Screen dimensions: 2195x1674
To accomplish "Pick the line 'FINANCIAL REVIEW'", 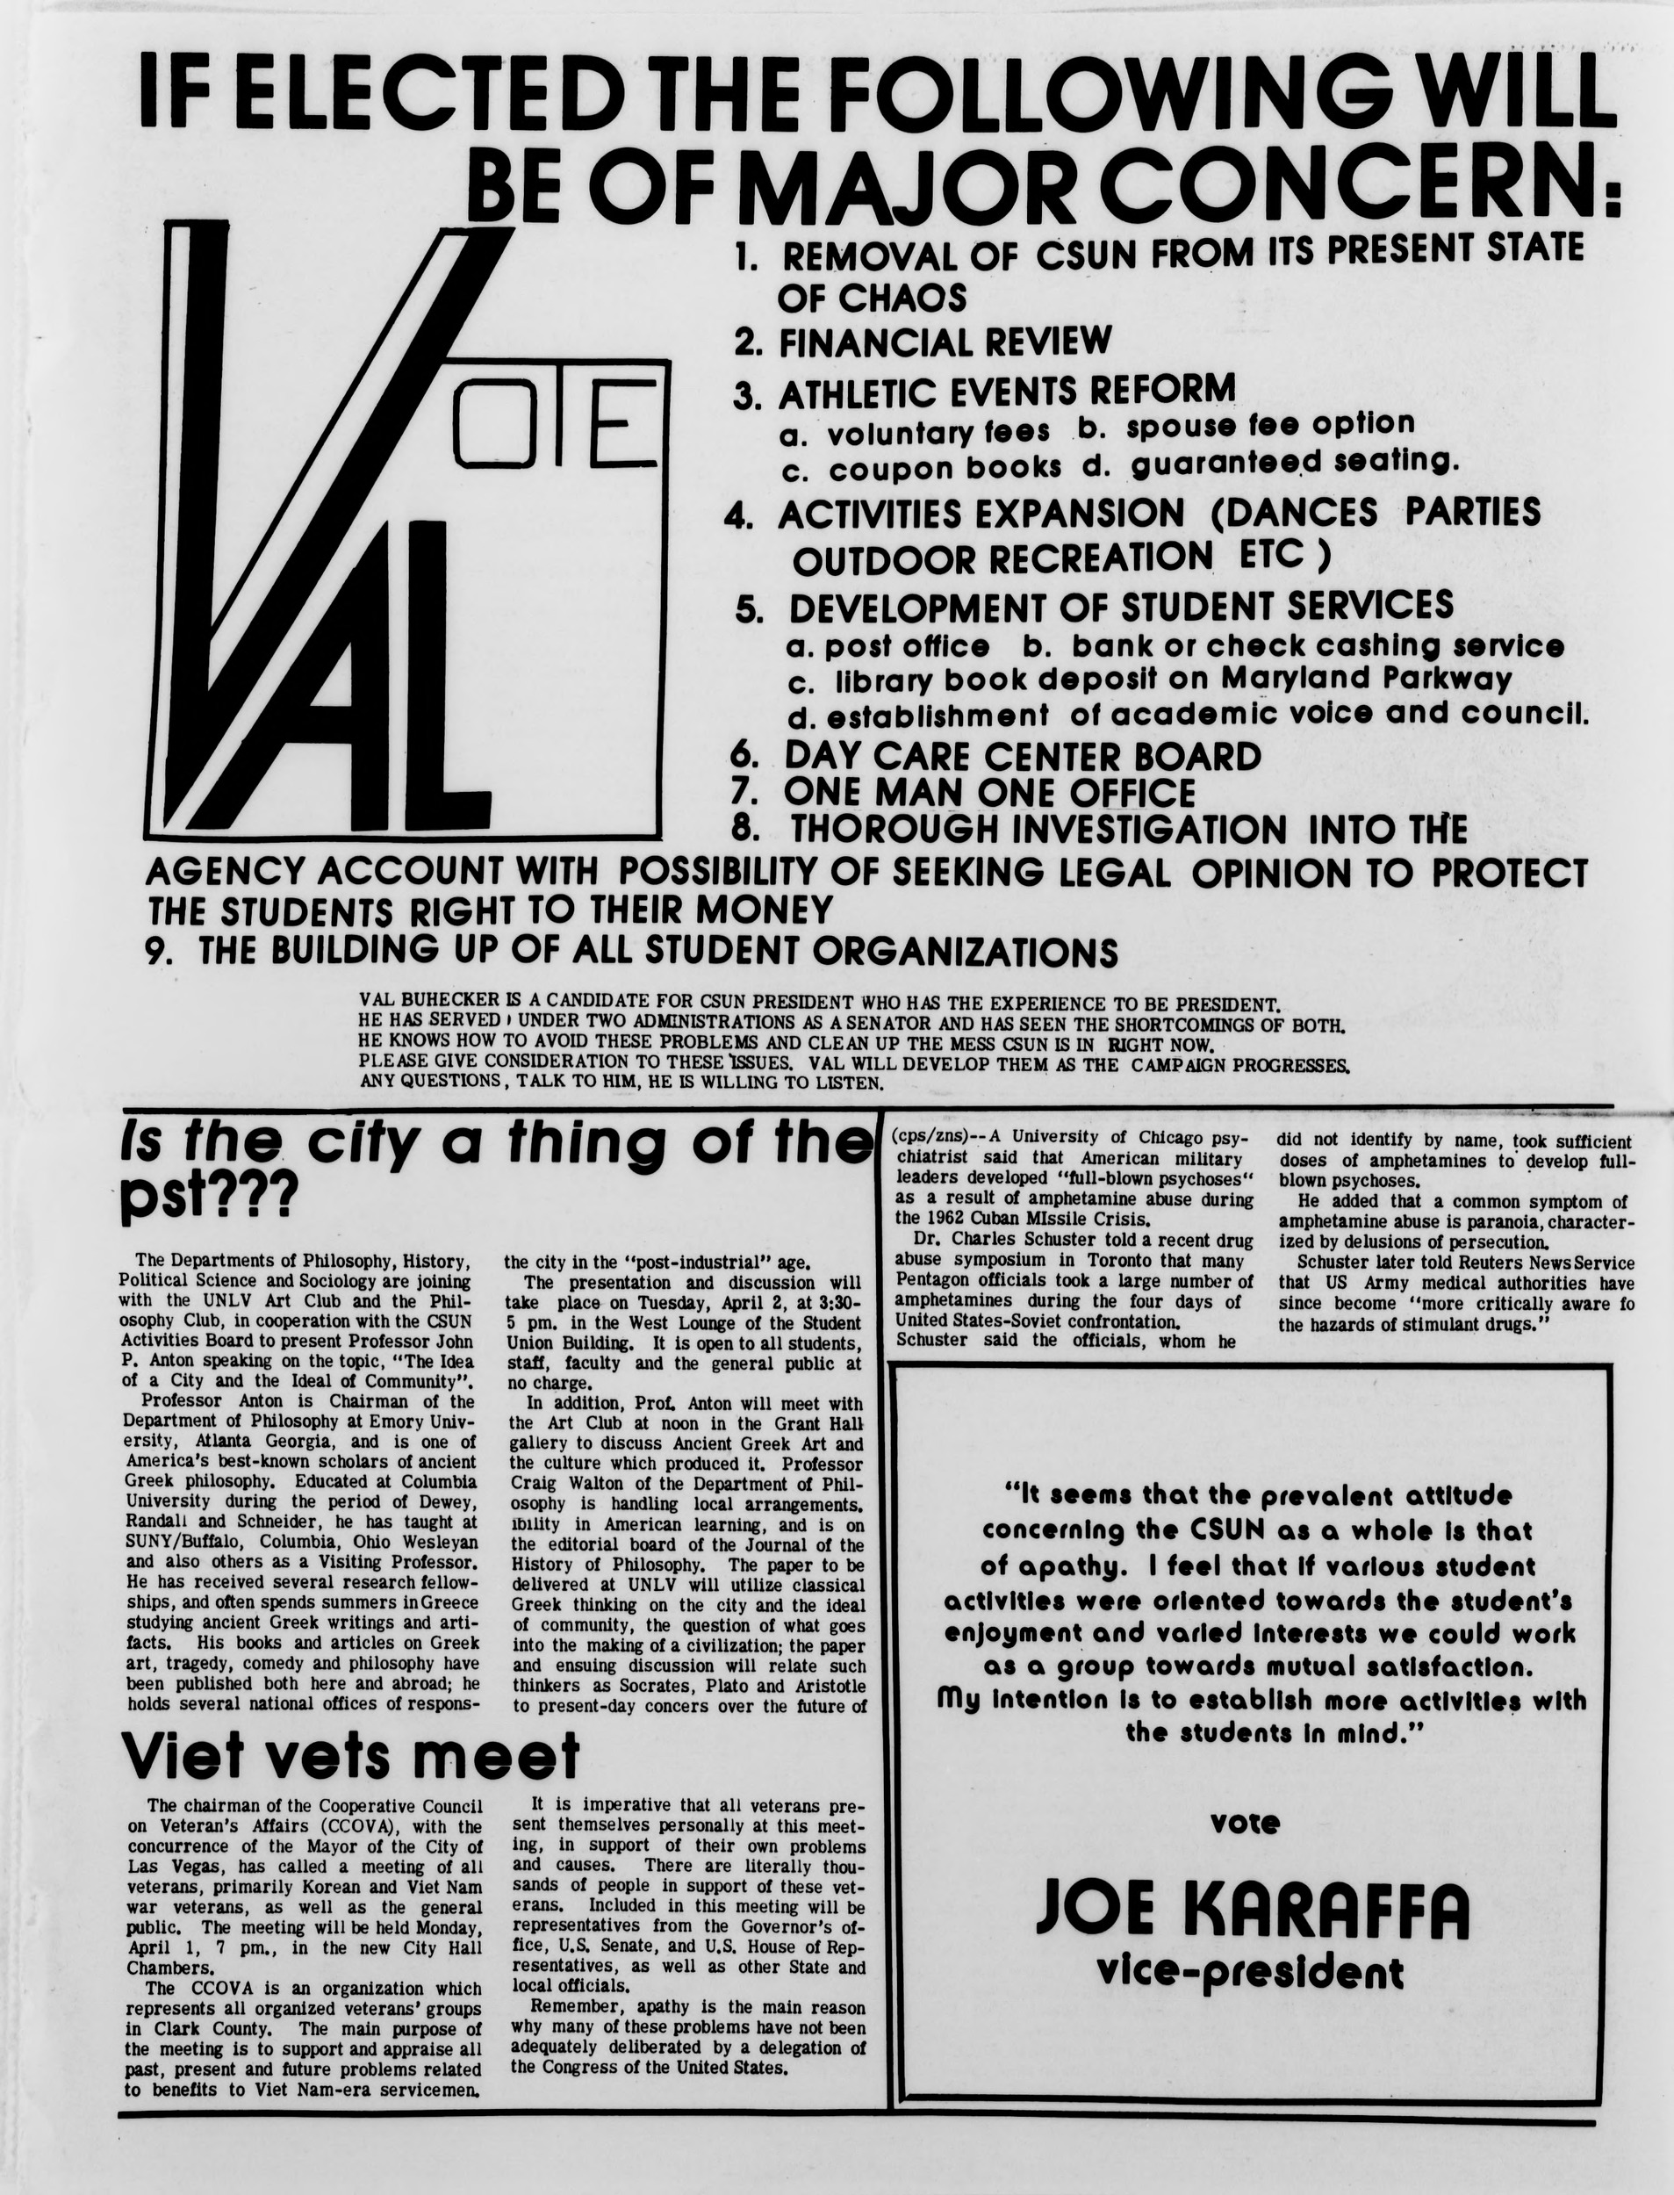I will [944, 342].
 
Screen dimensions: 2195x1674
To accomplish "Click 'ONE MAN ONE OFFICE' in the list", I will [988, 793].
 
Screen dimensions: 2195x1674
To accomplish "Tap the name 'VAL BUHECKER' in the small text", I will [428, 1001].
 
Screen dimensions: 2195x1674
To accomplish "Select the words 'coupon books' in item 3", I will [945, 467].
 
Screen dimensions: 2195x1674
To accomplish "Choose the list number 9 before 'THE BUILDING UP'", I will [155, 952].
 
